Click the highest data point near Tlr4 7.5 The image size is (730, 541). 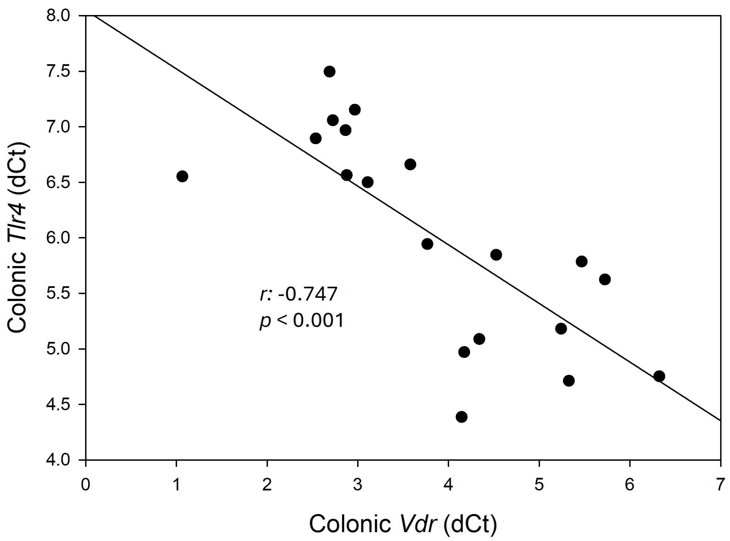pos(329,72)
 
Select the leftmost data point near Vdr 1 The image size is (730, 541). pos(182,177)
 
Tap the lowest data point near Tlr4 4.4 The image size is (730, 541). pos(461,417)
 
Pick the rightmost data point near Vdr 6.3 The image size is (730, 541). pos(659,376)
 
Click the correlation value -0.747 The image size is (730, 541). pos(307,294)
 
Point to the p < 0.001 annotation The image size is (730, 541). pos(301,321)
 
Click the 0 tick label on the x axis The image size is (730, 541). pos(85,485)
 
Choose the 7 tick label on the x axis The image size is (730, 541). pos(720,485)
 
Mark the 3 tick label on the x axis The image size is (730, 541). pos(357,485)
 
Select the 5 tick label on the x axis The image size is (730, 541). pos(539,485)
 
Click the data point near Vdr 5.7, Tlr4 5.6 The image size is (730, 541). pos(605,279)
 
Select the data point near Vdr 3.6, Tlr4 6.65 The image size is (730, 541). pos(410,164)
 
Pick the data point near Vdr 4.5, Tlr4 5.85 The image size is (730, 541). pos(496,255)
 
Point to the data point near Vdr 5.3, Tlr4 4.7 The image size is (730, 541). pos(568,381)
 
